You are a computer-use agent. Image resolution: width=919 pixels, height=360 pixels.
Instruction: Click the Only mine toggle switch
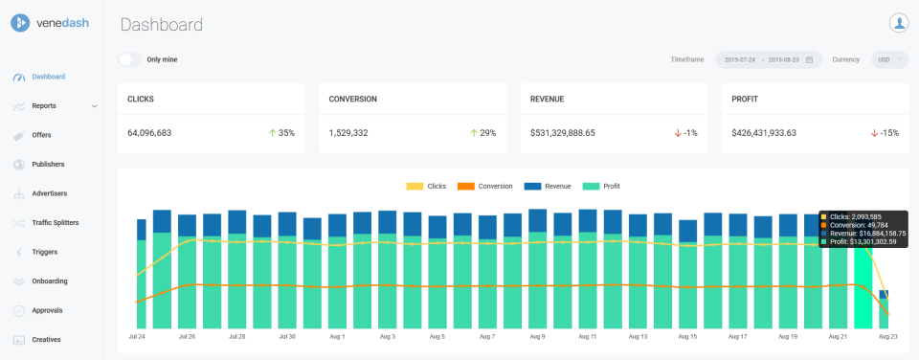point(130,59)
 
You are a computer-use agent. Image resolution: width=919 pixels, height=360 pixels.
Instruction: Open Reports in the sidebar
point(44,105)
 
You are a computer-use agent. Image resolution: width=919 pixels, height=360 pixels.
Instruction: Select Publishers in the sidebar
point(48,165)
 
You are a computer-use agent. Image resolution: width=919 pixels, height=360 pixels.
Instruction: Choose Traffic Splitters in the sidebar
point(55,223)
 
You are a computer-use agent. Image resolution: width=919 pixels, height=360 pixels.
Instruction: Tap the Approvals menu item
point(48,310)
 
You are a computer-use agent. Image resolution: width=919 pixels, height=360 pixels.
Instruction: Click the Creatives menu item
point(46,340)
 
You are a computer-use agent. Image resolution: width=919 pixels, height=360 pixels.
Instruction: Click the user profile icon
point(898,23)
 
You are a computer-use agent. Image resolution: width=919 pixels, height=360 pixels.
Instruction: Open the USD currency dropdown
point(889,59)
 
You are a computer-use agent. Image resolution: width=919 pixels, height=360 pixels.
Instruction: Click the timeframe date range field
point(768,59)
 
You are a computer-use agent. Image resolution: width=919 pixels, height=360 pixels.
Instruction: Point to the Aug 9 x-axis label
point(536,337)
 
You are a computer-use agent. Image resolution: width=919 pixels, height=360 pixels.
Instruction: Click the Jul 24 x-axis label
point(137,337)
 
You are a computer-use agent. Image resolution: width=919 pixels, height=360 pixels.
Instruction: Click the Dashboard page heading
point(162,25)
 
